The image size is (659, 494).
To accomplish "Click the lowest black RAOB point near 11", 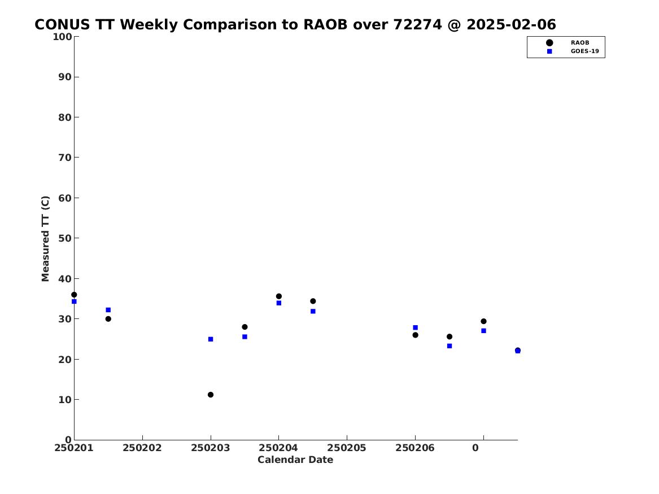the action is pos(211,395).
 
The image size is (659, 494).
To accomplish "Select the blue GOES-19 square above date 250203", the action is pos(211,339).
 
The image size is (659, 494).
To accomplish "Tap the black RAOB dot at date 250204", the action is pos(278,296).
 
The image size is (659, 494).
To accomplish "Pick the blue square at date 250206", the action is pos(415,327).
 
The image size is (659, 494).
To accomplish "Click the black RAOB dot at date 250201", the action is pos(74,295).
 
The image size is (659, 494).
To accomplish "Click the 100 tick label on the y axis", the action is pos(62,37).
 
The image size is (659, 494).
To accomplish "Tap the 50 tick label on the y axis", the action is pos(65,238).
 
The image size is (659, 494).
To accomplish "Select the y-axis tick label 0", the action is pos(68,440).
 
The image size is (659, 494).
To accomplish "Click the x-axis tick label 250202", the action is pos(142,448).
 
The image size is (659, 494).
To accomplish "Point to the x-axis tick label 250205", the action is pos(347,448).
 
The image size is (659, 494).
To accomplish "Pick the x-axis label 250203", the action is pos(211,448).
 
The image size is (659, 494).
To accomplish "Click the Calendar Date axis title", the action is pos(295,460).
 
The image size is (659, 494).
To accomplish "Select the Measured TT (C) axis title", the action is pos(45,239).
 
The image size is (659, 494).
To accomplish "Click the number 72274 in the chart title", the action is pos(417,25).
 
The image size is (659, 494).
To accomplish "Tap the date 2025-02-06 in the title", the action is pos(511,25).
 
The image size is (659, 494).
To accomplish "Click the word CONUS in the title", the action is pos(62,25).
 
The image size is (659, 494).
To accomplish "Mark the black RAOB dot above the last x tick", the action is pos(483,321).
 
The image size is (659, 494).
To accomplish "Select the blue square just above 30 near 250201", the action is pos(108,310).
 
